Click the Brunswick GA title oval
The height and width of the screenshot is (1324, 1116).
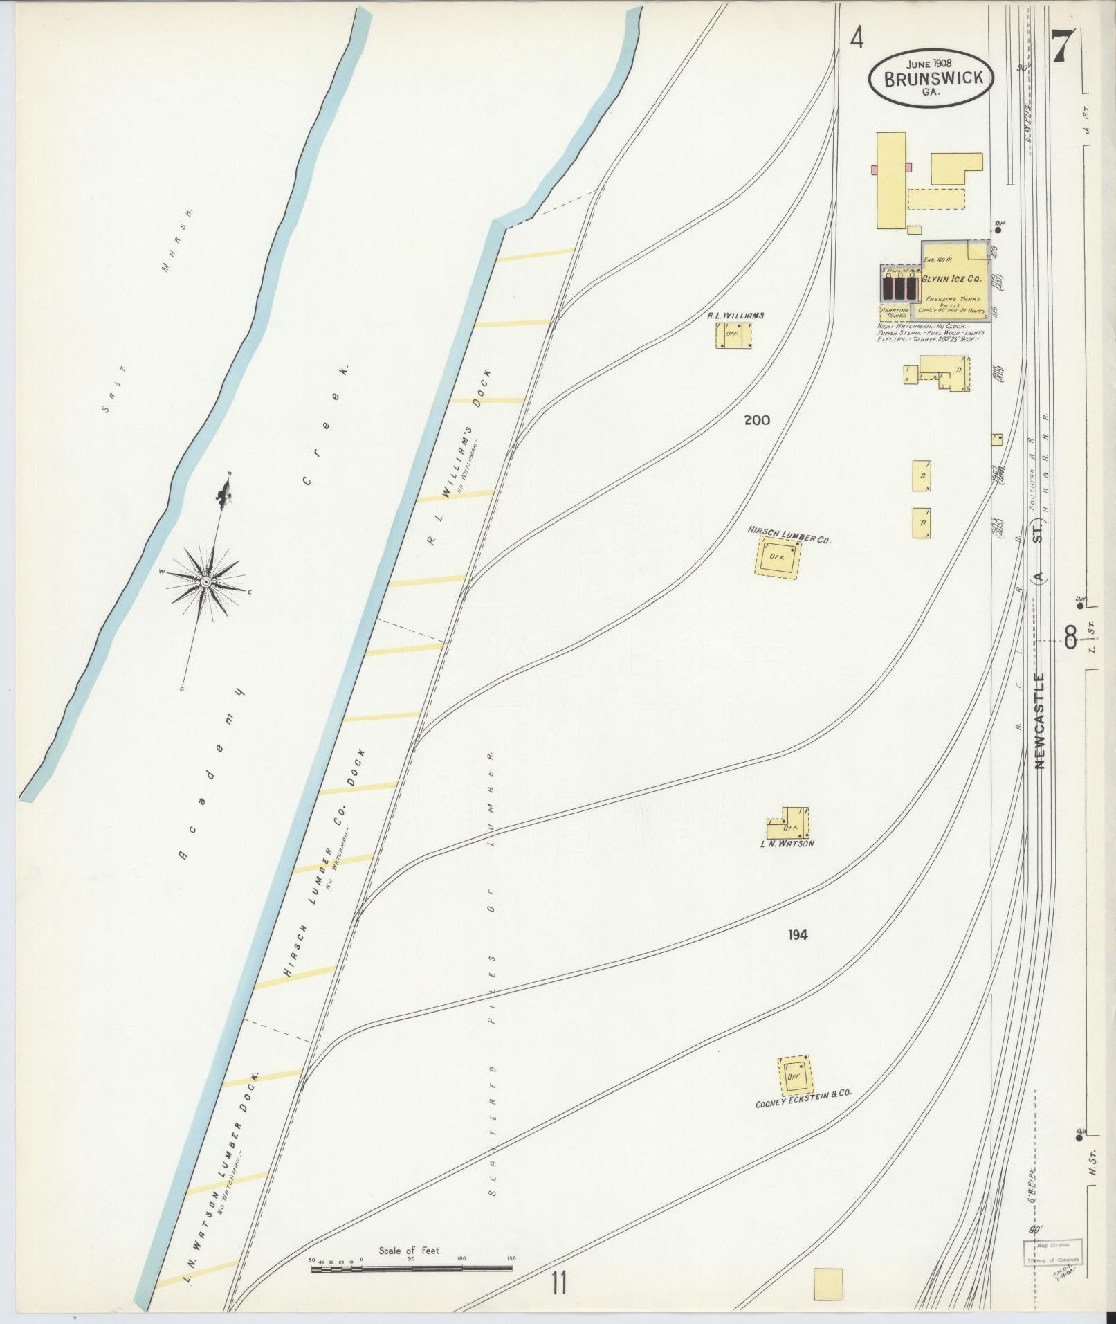click(930, 79)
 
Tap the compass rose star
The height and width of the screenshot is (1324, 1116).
click(205, 582)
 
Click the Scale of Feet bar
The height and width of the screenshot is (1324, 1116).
click(412, 1269)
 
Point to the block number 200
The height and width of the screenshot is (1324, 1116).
click(757, 420)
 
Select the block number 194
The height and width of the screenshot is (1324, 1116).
click(797, 935)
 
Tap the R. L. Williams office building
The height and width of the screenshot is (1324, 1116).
click(733, 336)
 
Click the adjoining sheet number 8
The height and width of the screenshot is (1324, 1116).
click(1070, 637)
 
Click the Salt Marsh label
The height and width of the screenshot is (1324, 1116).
click(145, 311)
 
